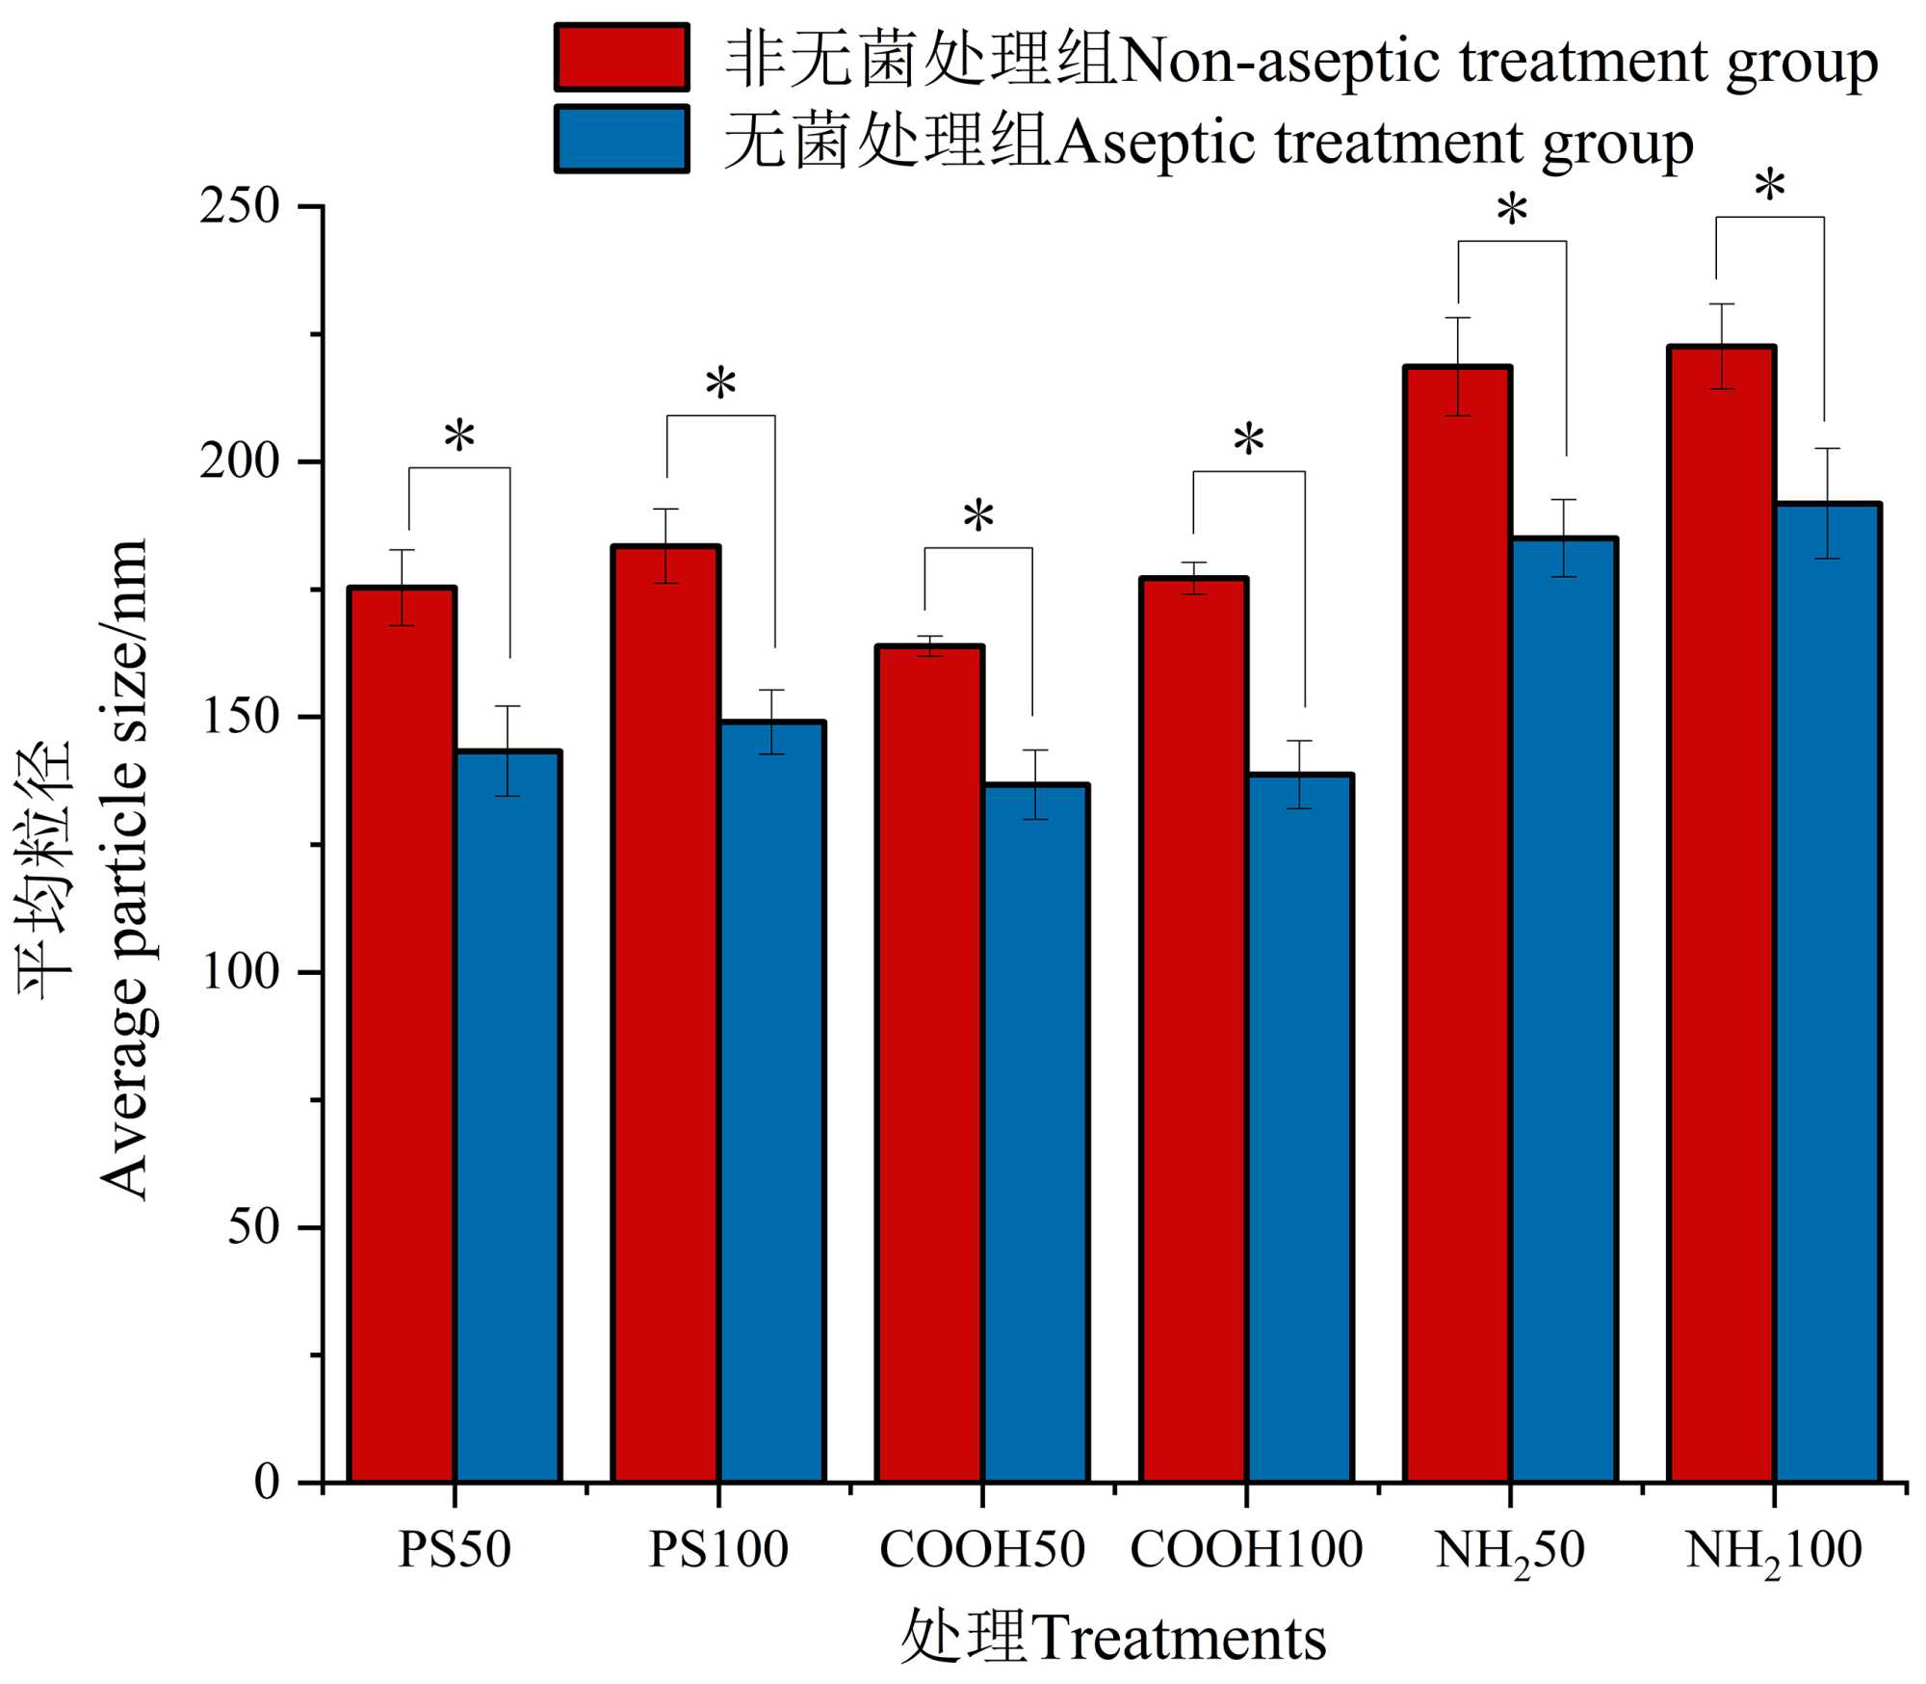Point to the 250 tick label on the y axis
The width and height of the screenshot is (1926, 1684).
coord(240,206)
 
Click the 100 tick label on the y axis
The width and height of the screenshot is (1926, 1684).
coord(240,972)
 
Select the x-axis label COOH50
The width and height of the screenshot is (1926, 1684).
coord(982,1550)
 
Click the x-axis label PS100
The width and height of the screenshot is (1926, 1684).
coord(718,1550)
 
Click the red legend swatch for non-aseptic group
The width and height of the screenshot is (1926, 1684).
coord(622,58)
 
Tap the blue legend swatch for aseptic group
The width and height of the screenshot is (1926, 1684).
coord(622,139)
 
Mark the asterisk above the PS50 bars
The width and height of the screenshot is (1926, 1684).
coord(459,438)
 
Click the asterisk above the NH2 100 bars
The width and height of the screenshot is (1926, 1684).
coord(1770,187)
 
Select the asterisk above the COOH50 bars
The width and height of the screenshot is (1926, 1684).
coord(978,518)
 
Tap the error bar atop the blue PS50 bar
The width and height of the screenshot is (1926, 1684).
coord(508,750)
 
